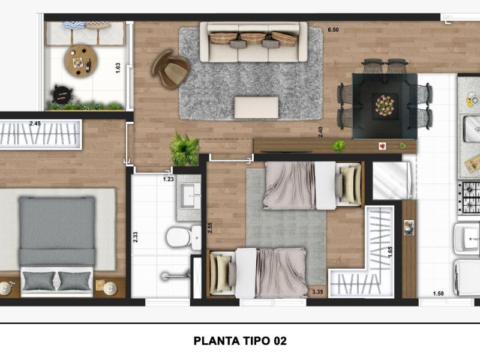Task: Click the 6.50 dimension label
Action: coord(333,30)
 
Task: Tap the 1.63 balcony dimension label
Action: coord(118,68)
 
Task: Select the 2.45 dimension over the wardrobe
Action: coord(35,124)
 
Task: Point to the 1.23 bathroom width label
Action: coord(169,179)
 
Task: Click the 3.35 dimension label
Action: coord(317,292)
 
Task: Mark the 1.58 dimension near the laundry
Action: coord(438,293)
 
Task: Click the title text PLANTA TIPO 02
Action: coord(241,341)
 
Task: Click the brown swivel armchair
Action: coord(171,69)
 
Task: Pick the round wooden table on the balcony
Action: coord(81,62)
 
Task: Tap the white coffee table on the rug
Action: coord(257,107)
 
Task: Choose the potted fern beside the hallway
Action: coord(184,148)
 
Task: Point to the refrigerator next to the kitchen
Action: coord(391,181)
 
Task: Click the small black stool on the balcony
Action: coord(62,94)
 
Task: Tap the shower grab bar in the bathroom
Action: coord(175,275)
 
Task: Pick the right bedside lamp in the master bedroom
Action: coord(110,289)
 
